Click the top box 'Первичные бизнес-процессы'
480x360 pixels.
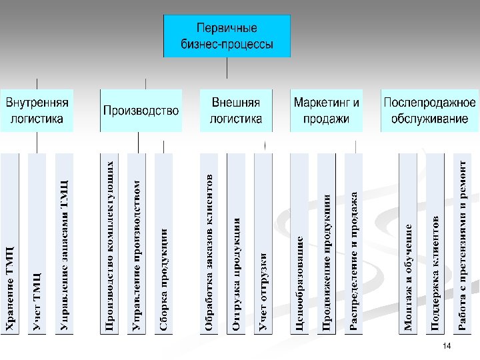tap(227, 37)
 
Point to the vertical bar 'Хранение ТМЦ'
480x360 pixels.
tap(10, 243)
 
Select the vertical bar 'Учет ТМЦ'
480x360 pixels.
tap(37, 243)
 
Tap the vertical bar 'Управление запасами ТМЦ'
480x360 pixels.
tap(65, 243)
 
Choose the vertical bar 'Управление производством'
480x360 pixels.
tap(136, 243)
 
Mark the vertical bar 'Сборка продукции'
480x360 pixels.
tap(163, 243)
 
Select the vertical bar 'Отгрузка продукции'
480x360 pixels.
tap(236, 243)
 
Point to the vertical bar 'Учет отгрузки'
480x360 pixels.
tap(263, 243)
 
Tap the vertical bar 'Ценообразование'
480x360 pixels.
tap(301, 243)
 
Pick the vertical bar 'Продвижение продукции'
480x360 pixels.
tap(327, 243)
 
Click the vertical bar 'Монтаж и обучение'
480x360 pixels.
tap(408, 243)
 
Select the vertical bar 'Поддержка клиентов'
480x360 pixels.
tap(435, 243)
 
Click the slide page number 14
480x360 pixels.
tap(447, 346)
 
